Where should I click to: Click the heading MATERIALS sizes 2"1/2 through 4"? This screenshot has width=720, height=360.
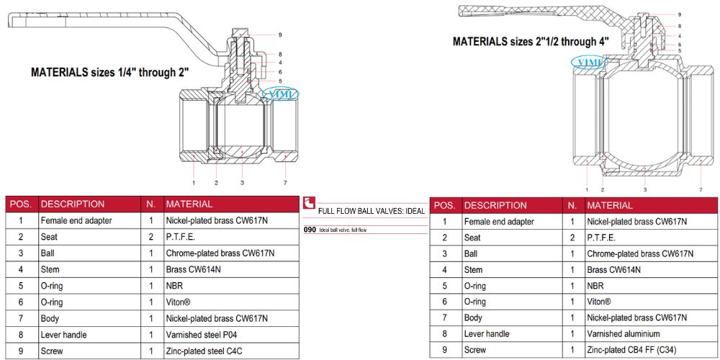coord(529,42)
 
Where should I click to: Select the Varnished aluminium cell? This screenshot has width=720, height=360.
coord(624,334)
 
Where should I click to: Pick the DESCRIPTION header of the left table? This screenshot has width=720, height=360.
coord(73,204)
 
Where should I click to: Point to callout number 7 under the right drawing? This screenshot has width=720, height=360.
coord(701,189)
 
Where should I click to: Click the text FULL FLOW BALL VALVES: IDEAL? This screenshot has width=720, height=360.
coord(371,211)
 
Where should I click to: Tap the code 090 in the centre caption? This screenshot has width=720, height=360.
coord(310,230)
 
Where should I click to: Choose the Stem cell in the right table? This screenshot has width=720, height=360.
coord(473,270)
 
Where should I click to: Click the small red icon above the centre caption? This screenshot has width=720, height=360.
coord(310,203)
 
